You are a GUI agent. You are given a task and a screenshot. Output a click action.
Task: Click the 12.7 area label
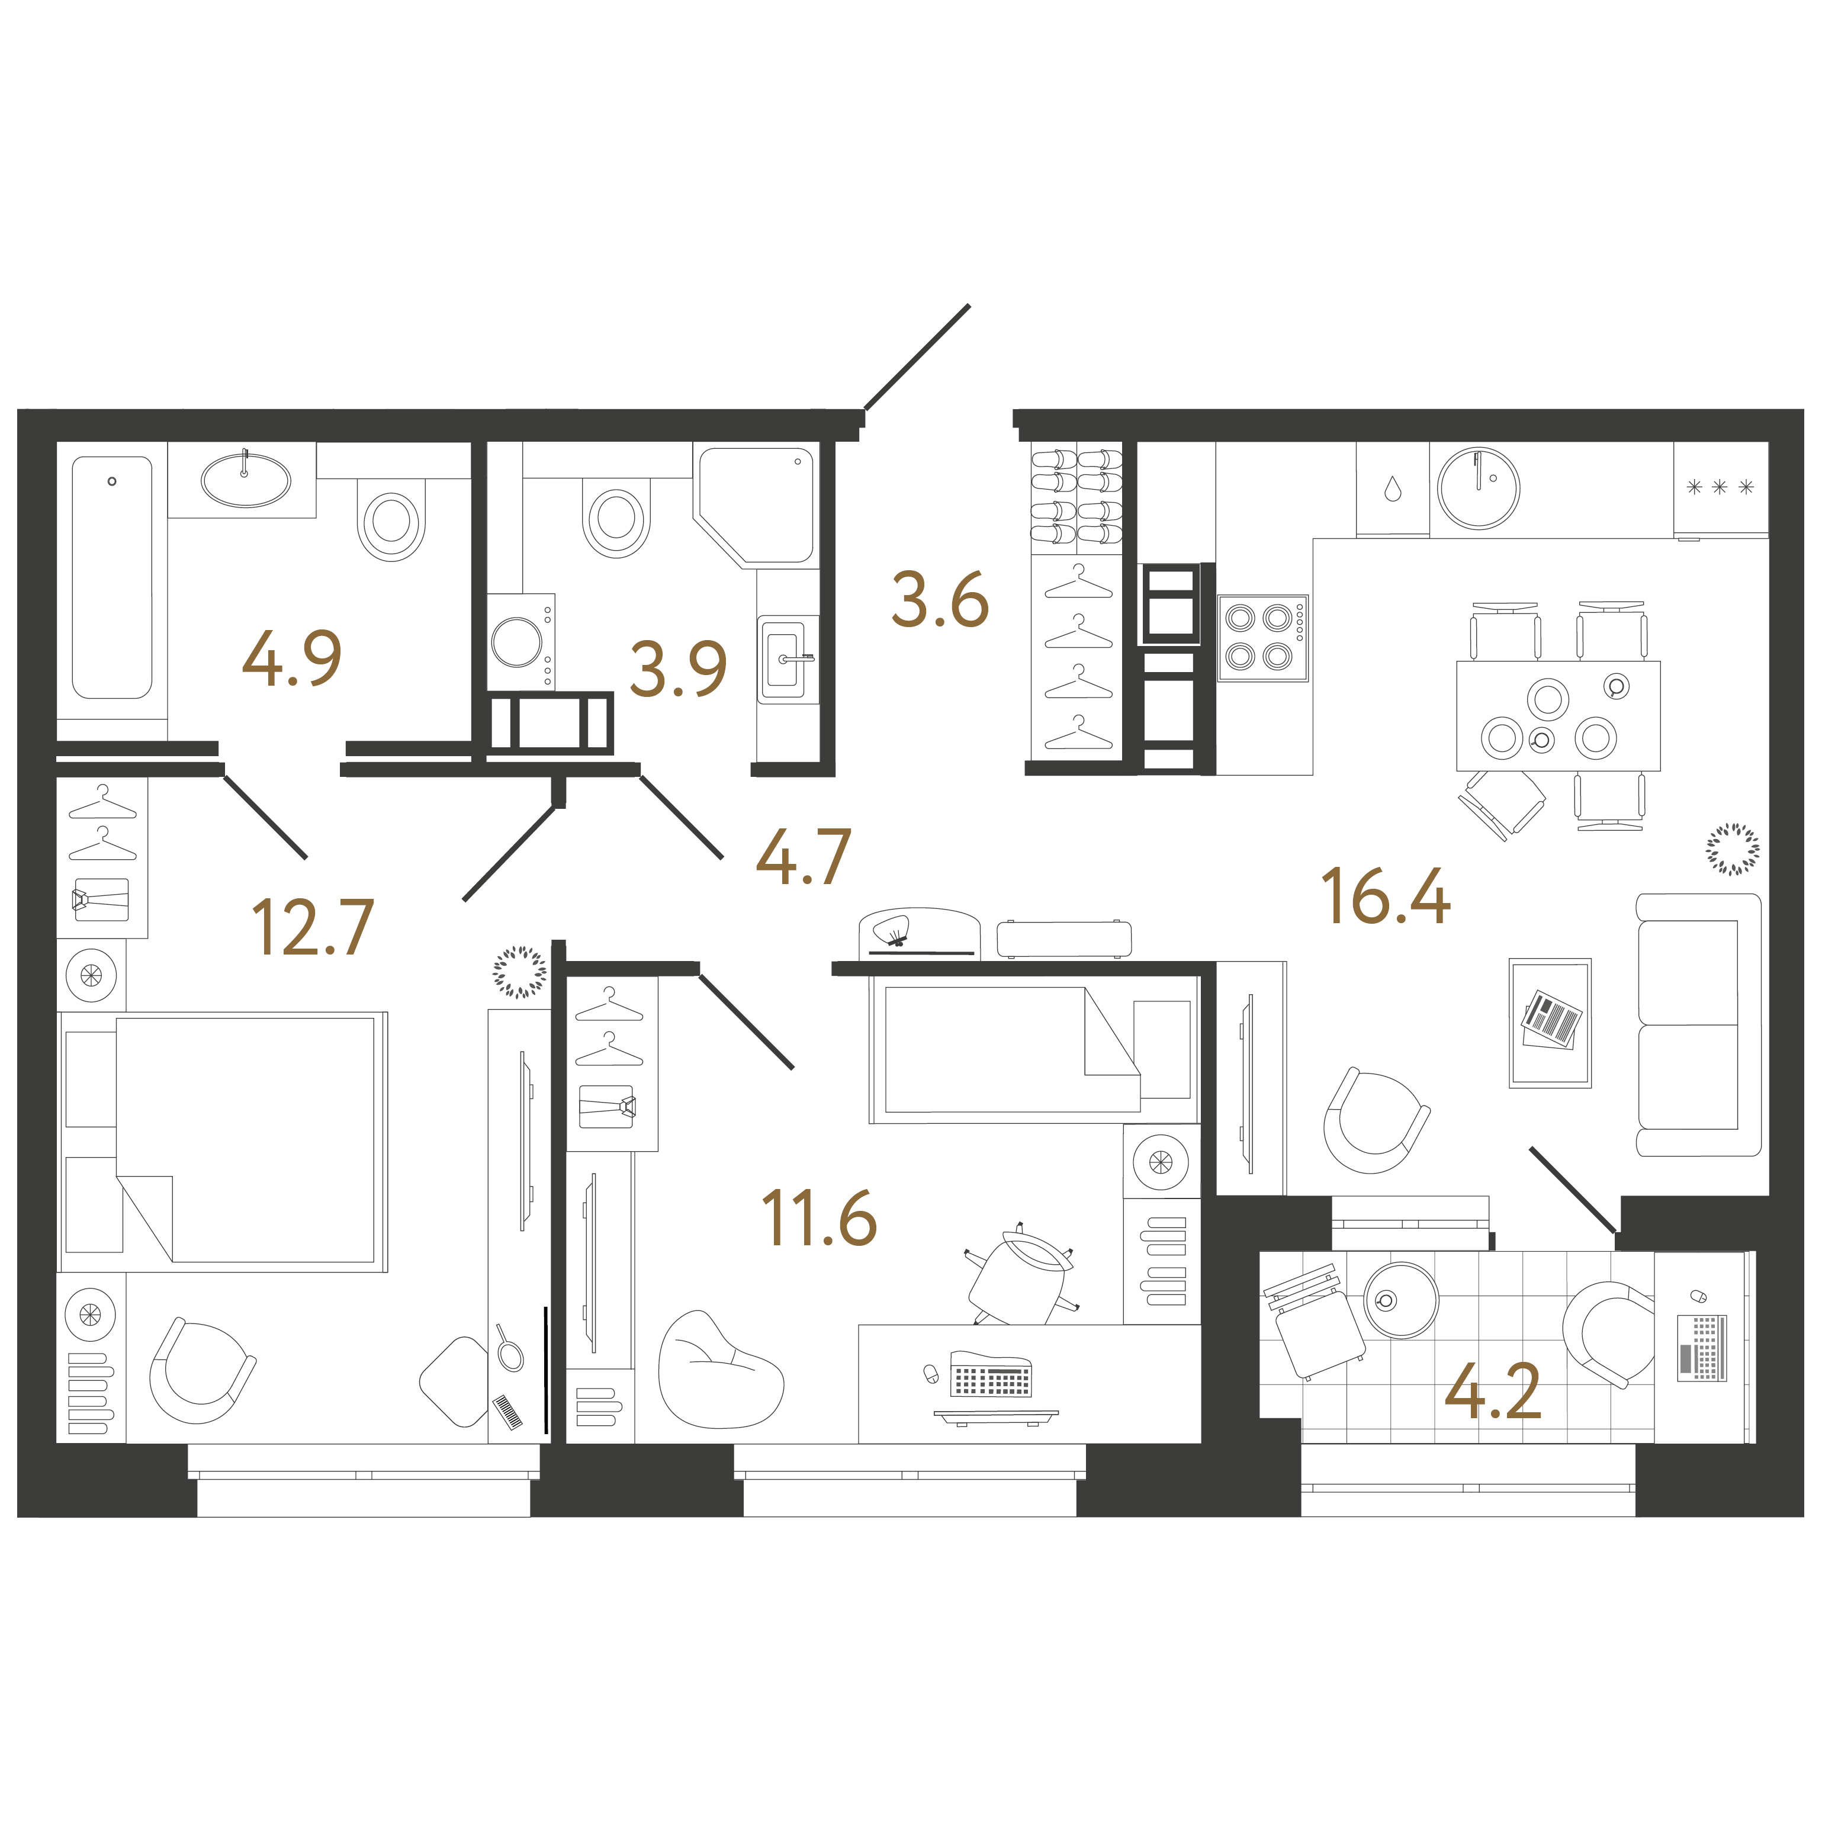(313, 928)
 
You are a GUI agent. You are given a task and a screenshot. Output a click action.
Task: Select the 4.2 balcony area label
(1493, 1391)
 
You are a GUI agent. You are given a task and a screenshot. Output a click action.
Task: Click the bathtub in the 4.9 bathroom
(113, 577)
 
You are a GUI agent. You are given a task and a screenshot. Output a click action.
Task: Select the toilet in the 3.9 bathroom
(617, 518)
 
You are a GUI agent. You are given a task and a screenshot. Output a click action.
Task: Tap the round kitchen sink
(1478, 487)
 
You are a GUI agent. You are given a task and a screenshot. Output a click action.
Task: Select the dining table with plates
(1558, 716)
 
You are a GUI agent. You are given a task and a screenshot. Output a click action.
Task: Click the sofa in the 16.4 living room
(1698, 1024)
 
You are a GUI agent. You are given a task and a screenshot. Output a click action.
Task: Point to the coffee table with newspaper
(1550, 1023)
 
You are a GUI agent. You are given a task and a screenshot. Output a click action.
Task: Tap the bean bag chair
(719, 1370)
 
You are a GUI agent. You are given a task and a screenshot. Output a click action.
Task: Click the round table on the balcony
(1402, 1300)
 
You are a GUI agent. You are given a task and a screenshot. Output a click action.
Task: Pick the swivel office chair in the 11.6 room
(1021, 1275)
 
